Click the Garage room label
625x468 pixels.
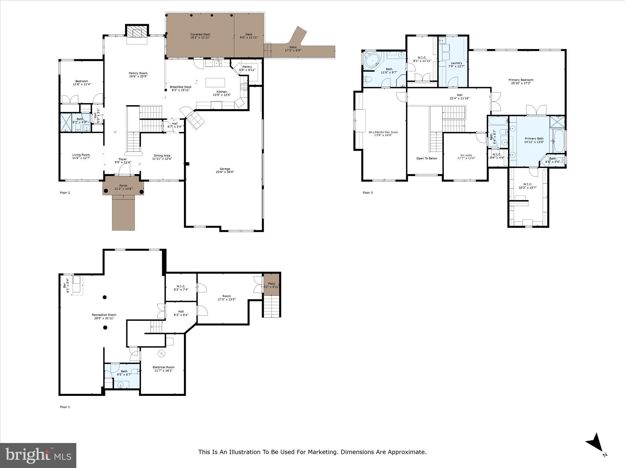click(x=225, y=169)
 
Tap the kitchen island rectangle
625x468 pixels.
click(x=215, y=83)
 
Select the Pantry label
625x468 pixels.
click(x=247, y=67)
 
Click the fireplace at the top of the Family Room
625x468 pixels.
click(x=137, y=31)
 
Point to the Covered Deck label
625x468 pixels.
click(x=200, y=34)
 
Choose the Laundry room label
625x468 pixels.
click(x=457, y=63)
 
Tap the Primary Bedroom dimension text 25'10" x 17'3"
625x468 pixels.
click(x=521, y=83)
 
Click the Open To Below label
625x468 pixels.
click(x=427, y=158)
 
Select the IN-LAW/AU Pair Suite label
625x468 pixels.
click(x=383, y=132)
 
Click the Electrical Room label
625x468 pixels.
click(x=164, y=367)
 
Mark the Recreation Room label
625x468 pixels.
click(x=104, y=315)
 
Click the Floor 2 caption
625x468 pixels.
click(x=65, y=193)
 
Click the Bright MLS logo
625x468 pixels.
click(x=38, y=455)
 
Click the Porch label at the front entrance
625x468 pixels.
click(x=123, y=186)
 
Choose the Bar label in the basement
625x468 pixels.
click(x=64, y=285)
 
